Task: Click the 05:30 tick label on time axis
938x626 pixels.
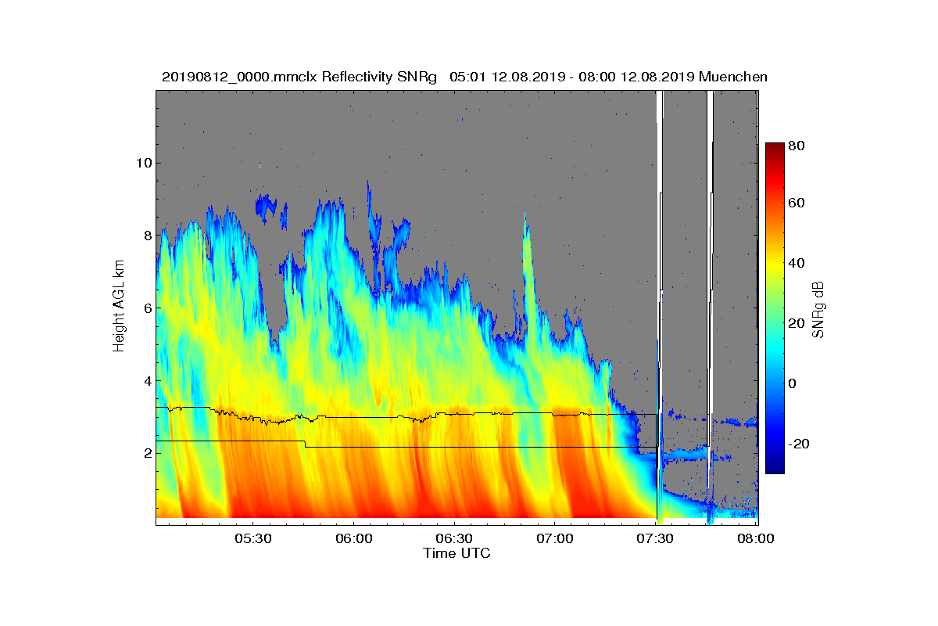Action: (252, 539)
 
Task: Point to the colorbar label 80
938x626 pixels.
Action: (797, 146)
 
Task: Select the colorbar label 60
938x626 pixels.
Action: (797, 203)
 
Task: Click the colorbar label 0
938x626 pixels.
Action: (793, 383)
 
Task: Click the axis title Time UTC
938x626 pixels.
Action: (456, 553)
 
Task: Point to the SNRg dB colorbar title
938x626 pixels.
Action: (818, 310)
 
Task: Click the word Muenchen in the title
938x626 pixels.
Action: (732, 77)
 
